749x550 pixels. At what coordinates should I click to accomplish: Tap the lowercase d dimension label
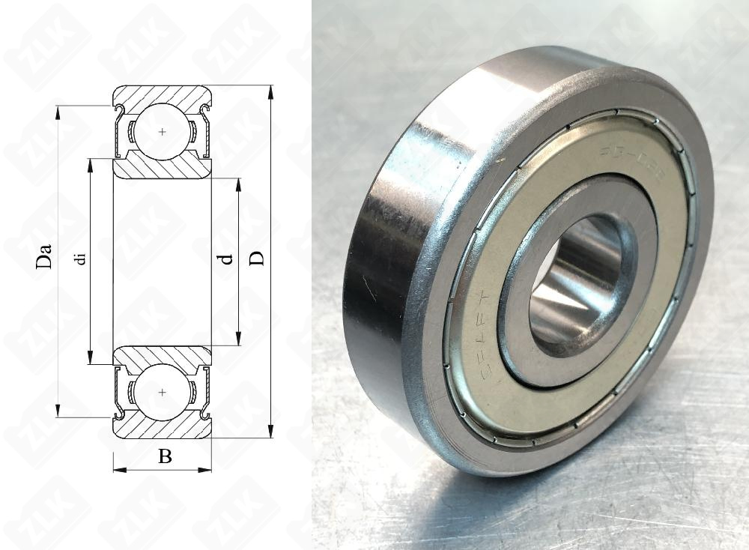(x=225, y=259)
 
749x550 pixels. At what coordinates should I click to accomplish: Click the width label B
(x=165, y=456)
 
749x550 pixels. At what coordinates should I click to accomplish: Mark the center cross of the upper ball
(x=163, y=132)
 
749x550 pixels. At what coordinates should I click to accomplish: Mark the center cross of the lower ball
(x=163, y=392)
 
